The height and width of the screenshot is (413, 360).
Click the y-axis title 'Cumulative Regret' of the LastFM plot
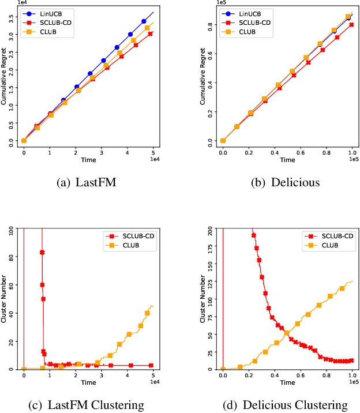5,77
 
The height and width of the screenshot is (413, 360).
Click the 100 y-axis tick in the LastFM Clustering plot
13,230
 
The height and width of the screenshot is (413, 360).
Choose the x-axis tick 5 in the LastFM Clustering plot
153,376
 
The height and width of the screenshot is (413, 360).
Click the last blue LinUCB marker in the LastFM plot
144,21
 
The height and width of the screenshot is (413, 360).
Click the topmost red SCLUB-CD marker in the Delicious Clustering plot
253,235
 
